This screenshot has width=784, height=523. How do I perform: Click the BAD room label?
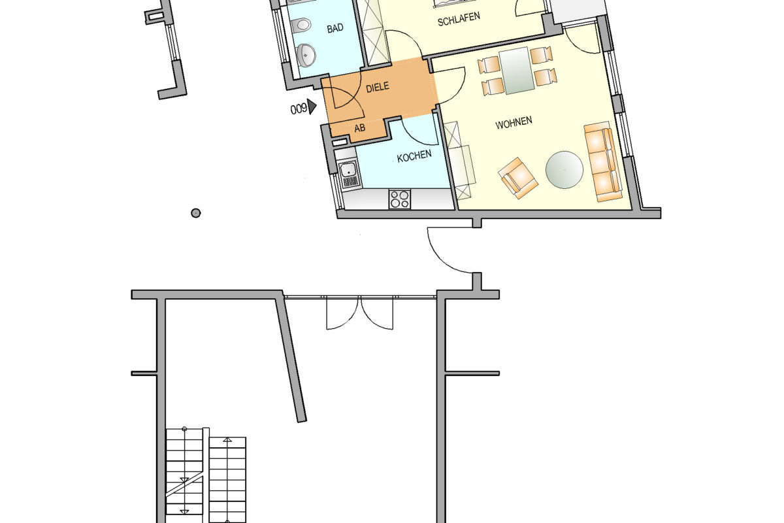click(335, 28)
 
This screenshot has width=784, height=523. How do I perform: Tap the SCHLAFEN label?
click(459, 19)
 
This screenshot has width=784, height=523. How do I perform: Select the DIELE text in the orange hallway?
click(378, 87)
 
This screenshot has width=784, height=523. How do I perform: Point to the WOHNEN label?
click(514, 123)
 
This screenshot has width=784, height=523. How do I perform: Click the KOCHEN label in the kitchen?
click(414, 156)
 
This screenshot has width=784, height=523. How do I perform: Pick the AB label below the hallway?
click(360, 128)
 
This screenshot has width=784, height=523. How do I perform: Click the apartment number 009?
click(299, 109)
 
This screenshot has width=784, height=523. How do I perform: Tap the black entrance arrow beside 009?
click(312, 107)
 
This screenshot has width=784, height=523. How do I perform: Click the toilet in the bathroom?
click(301, 25)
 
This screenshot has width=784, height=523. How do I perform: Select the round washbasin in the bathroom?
click(306, 55)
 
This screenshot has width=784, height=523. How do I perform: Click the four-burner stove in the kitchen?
click(399, 199)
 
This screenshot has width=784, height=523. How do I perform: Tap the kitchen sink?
click(350, 175)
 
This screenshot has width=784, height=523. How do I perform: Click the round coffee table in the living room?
click(564, 169)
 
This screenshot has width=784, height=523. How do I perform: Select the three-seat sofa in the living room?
click(604, 162)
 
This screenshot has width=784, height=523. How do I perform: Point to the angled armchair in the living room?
click(518, 178)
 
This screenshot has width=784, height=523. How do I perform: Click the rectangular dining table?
click(517, 71)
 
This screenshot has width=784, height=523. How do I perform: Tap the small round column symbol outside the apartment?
click(195, 213)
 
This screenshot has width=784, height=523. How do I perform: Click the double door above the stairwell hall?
click(360, 312)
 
